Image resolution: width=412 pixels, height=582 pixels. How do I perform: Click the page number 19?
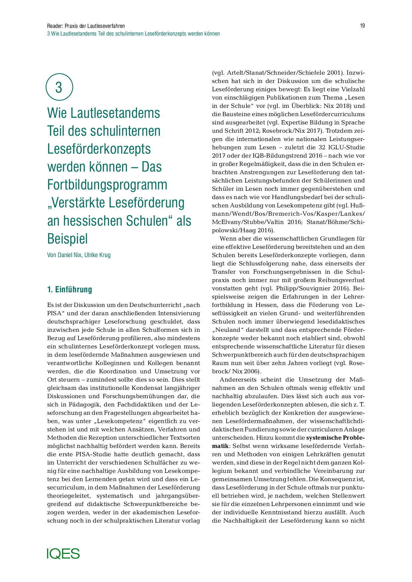pos(362,26)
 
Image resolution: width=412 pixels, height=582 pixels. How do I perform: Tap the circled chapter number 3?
pos(59,87)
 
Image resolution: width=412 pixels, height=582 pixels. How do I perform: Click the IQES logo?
pos(63,553)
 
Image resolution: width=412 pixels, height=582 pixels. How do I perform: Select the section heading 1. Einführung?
pos(69,290)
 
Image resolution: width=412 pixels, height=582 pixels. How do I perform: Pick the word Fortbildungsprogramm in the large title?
pos(107,185)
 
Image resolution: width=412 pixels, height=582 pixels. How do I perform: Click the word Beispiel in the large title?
pos(67,239)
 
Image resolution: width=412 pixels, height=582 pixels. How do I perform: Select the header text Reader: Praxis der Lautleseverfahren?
pos(86,26)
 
